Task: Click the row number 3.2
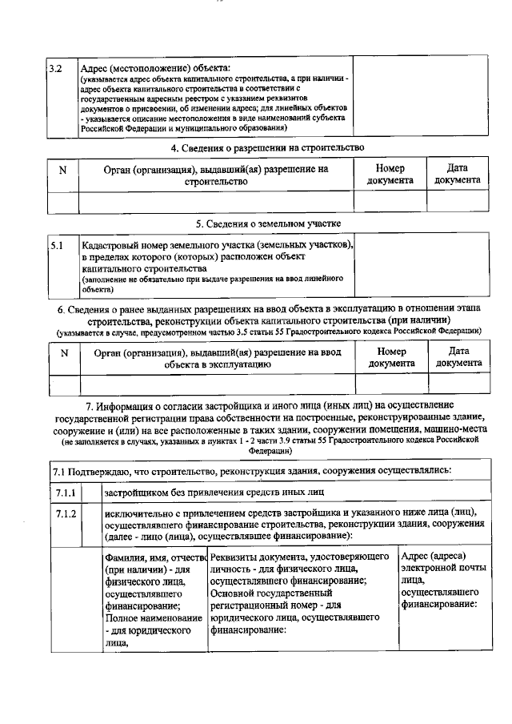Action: [55, 69]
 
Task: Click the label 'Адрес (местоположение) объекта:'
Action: [155, 69]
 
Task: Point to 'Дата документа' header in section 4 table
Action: [458, 175]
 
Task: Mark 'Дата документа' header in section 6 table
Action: [458, 357]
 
